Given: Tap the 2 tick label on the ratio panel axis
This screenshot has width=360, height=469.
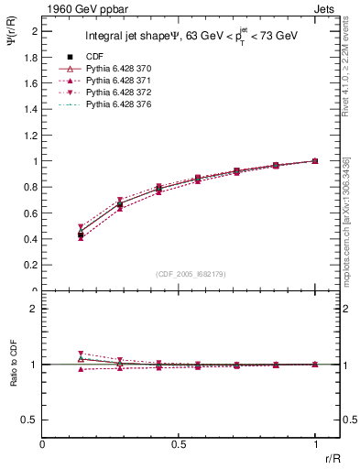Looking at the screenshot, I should click(34, 309).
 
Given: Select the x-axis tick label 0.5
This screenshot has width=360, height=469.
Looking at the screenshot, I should click(179, 444).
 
